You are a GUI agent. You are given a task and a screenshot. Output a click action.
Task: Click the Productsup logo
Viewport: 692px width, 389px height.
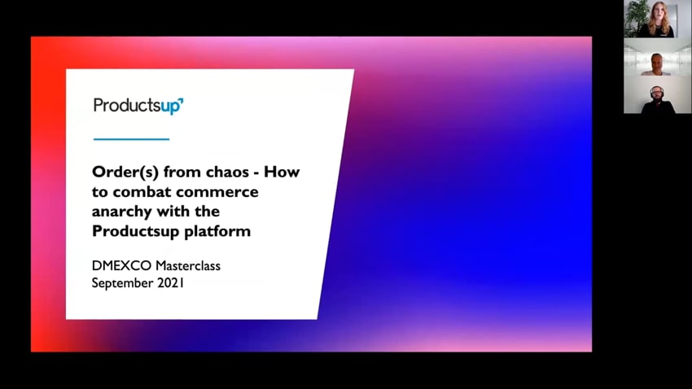(x=138, y=106)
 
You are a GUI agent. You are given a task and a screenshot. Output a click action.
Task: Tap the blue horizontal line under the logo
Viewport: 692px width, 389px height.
(x=132, y=139)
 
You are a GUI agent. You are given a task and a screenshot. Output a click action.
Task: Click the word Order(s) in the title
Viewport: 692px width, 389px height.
(x=125, y=172)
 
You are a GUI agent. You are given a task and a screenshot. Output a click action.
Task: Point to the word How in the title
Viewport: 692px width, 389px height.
(x=282, y=172)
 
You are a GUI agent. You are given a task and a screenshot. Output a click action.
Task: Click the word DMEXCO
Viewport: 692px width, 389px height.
(x=121, y=265)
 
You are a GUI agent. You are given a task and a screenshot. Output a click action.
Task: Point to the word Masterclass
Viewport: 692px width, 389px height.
(x=187, y=265)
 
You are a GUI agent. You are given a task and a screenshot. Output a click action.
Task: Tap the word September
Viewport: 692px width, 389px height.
(x=122, y=283)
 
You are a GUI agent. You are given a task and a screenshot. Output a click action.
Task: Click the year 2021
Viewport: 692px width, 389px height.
(x=170, y=282)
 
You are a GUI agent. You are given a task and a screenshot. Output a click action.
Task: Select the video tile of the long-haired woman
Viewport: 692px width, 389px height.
(x=658, y=19)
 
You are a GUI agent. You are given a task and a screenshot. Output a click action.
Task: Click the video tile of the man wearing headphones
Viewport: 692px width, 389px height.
(x=658, y=94)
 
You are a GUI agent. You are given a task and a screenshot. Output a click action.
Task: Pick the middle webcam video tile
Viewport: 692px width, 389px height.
(x=658, y=57)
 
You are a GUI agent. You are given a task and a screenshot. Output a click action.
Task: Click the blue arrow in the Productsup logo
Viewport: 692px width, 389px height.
(x=181, y=101)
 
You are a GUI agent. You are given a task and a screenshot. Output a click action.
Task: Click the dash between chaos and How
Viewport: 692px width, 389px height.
(x=256, y=173)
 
